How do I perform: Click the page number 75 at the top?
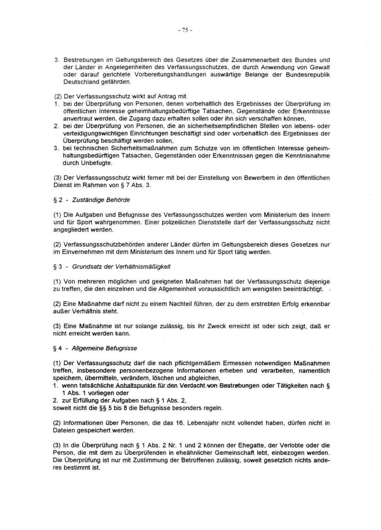pyautogui.click(x=186, y=31)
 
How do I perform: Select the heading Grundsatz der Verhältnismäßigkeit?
pyautogui.click(x=121, y=266)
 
